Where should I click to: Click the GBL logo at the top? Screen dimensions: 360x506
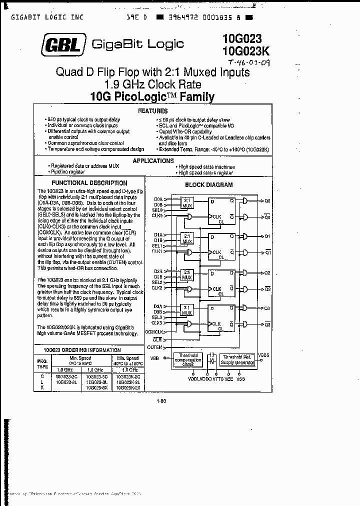point(64,44)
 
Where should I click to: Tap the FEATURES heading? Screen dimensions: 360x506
point(152,111)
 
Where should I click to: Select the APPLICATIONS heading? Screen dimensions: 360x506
point(153,160)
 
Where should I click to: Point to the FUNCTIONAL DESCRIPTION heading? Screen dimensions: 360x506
point(89,183)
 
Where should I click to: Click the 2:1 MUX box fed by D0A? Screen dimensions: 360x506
point(187,202)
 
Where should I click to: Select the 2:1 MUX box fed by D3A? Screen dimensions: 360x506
point(187,310)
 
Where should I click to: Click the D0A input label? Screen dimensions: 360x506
point(158,199)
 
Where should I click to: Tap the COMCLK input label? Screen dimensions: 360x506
point(153,331)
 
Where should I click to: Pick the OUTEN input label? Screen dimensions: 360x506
point(154,347)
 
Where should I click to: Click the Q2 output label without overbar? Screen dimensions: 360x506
point(267,273)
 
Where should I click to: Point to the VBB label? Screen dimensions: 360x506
point(155,357)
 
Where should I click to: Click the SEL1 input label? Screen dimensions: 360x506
point(157,245)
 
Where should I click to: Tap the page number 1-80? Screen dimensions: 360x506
point(161,400)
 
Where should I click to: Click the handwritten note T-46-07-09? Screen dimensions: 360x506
point(249,63)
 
